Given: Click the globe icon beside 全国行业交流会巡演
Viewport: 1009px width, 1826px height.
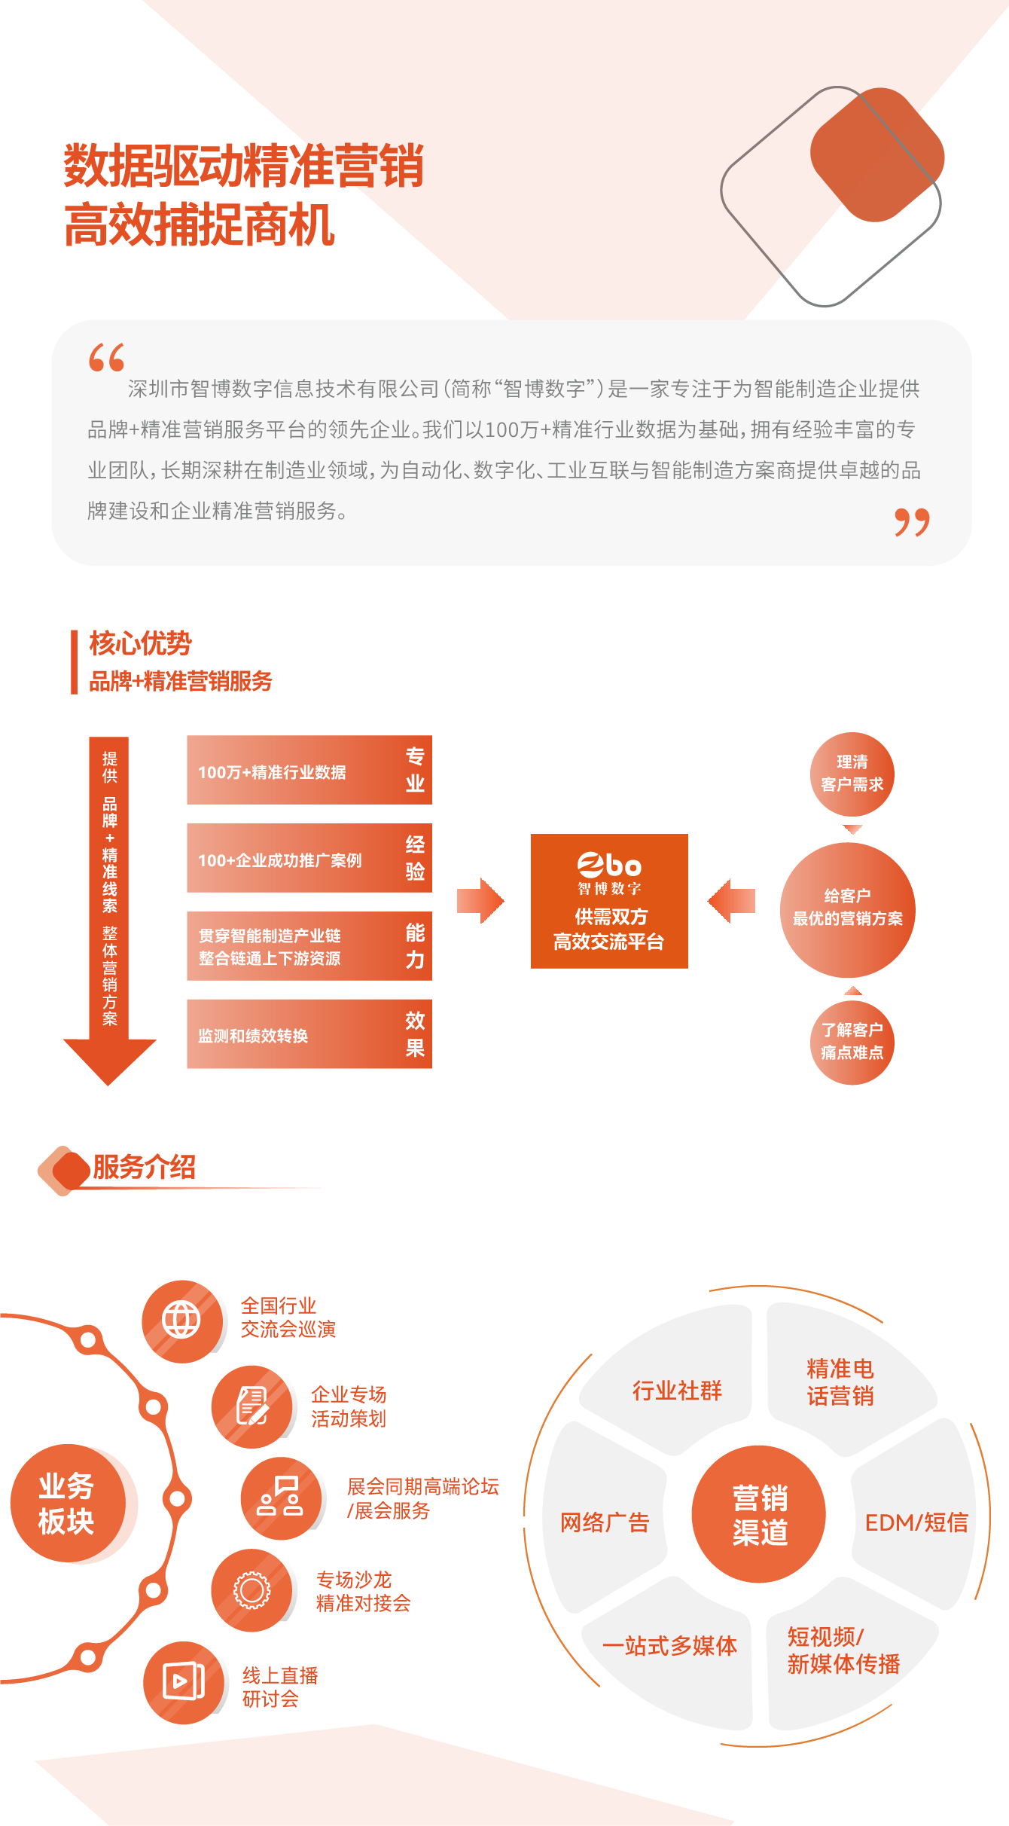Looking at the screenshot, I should coord(181,1320).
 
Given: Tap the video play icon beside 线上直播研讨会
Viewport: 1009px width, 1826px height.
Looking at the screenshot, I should coord(183,1681).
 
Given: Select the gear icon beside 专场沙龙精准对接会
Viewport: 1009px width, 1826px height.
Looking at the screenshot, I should coord(251,1589).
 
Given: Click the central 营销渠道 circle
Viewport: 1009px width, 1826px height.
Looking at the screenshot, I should coord(759,1514).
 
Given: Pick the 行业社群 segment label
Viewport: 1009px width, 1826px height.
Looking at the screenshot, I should coord(677,1391).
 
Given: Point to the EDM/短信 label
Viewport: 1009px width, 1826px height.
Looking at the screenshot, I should coord(916,1522).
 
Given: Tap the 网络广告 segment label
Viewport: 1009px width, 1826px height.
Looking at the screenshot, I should coord(605,1522).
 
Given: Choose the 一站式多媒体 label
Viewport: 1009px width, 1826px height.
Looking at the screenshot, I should coord(669,1646).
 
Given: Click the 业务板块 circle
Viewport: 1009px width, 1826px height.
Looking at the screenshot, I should coord(73,1504).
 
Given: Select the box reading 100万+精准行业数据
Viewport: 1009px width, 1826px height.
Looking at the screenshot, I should coord(309,771).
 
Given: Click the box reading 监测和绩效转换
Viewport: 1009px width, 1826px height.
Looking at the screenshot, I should coord(309,1034).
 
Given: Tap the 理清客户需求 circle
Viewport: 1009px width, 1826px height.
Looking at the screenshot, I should coord(852,774).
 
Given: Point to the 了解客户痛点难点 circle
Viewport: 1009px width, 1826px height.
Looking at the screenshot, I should coord(852,1042).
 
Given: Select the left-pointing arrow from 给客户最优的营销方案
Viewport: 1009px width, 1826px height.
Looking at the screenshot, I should coord(732,900).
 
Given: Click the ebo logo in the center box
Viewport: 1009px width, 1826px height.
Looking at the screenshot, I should coord(609,865).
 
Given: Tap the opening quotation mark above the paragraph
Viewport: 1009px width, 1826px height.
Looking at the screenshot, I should coord(106,358).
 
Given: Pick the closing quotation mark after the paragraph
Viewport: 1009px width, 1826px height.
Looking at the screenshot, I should coord(912,522).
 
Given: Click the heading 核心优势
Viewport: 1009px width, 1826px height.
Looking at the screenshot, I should coord(140,643).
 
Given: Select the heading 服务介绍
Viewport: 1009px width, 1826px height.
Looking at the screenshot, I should coord(144,1167).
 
